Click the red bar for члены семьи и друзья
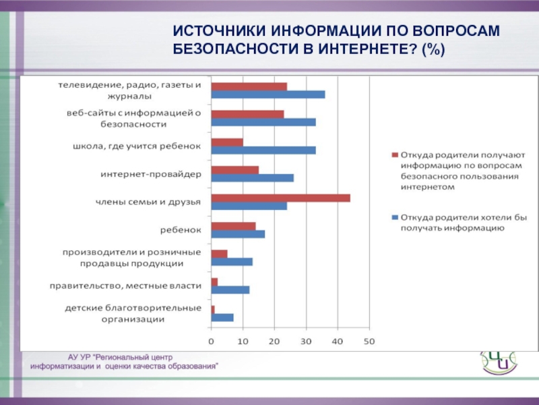pos(280,198)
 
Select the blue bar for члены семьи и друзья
pos(249,206)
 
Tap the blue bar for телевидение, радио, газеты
pos(267,94)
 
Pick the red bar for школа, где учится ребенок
pos(226,142)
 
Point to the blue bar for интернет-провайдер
pos(252,178)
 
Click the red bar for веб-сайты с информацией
pos(247,114)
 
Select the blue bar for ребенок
pos(238,234)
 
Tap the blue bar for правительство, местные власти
pos(230,290)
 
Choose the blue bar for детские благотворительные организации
pos(222,317)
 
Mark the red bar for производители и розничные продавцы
pos(219,254)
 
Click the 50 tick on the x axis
pos(369,342)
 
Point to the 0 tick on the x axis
pos(211,342)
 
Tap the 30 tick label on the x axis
pos(306,342)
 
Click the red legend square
pos(395,154)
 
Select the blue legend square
pos(395,218)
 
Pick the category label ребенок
pos(181,230)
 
